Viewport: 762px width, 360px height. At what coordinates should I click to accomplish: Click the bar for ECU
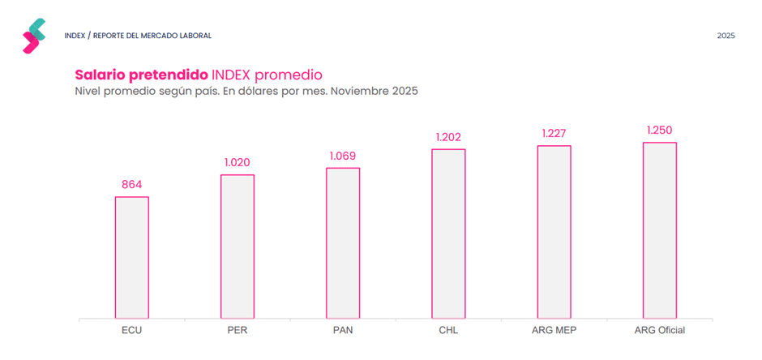[131, 257]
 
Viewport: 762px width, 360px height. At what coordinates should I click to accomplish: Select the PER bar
[238, 246]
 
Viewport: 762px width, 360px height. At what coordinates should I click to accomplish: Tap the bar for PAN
[343, 242]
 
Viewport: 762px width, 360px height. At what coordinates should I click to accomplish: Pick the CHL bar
[448, 234]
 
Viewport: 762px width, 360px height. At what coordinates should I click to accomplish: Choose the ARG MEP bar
[554, 232]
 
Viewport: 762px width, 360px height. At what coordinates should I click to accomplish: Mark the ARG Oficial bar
[659, 230]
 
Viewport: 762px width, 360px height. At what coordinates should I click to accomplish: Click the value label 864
[131, 185]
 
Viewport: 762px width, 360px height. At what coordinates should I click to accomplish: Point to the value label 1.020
[238, 162]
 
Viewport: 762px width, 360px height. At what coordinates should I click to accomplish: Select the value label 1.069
[343, 156]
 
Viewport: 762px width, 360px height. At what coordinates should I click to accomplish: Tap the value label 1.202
[448, 137]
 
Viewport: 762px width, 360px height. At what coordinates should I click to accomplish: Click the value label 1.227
[554, 134]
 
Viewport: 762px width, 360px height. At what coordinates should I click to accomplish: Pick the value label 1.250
[659, 130]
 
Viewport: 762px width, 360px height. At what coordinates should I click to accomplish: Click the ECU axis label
[131, 330]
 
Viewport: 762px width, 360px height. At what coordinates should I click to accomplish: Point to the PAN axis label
[343, 330]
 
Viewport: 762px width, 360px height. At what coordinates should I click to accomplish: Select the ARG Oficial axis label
[659, 330]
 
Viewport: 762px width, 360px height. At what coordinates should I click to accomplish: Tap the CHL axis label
[448, 330]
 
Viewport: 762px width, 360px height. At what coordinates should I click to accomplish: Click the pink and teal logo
[34, 36]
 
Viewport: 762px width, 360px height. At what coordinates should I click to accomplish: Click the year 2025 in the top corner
[726, 36]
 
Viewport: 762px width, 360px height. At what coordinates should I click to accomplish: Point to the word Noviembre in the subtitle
[360, 91]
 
